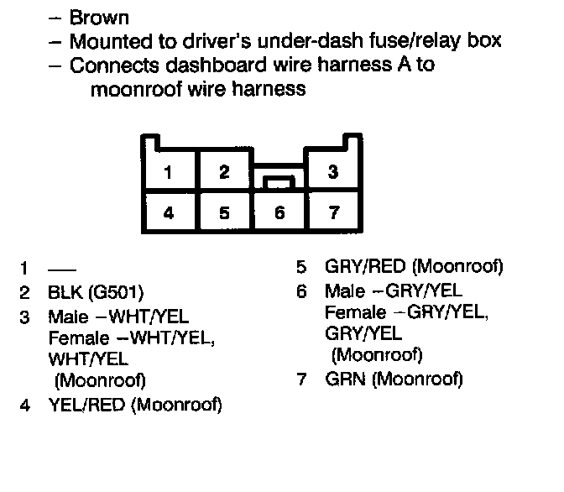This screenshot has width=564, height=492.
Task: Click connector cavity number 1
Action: tap(169, 172)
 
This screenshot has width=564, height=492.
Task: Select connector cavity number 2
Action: tap(223, 172)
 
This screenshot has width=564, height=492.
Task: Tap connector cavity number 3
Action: tap(333, 172)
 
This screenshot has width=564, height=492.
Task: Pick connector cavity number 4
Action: tap(169, 212)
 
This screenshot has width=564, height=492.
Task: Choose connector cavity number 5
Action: tap(223, 212)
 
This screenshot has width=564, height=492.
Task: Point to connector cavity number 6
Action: tap(279, 212)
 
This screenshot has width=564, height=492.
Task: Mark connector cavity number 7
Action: tap(333, 212)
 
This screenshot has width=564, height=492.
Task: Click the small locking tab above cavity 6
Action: tap(279, 180)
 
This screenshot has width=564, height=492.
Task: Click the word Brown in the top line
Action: tap(98, 17)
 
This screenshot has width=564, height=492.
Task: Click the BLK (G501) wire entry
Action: tap(96, 293)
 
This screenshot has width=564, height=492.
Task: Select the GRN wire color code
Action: tap(343, 379)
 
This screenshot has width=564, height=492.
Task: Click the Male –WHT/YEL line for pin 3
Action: tap(118, 317)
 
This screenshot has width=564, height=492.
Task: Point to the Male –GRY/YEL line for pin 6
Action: tap(393, 291)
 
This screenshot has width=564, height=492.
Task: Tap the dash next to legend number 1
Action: tap(61, 270)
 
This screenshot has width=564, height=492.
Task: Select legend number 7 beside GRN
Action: tap(302, 379)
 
